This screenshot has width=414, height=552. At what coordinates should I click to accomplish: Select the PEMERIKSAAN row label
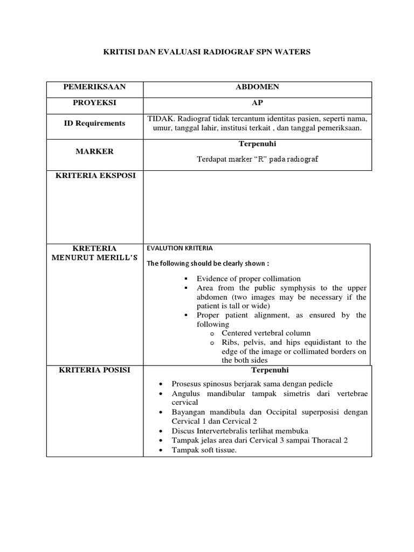tap(94, 87)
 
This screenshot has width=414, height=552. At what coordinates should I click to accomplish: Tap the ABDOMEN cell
tap(257, 87)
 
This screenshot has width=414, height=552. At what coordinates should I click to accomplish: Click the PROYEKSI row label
tap(94, 102)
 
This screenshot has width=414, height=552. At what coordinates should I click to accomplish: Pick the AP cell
tap(257, 102)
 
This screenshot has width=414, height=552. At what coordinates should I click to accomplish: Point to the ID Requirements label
tap(94, 123)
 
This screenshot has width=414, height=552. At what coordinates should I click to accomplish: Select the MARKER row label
tap(94, 151)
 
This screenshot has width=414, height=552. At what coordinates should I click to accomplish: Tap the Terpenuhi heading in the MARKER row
tap(257, 144)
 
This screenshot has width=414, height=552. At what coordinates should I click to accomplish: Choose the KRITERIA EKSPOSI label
tap(94, 176)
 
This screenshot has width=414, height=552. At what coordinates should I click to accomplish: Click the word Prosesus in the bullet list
tap(187, 383)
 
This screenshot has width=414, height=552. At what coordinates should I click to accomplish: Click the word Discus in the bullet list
tap(184, 431)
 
